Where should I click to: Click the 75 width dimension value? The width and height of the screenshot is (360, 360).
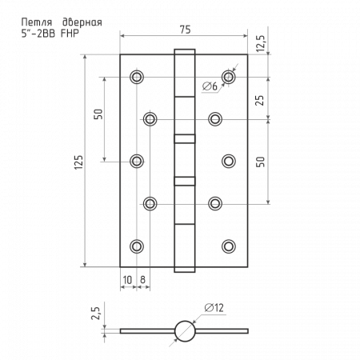pos(185,30)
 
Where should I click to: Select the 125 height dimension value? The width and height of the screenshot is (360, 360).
pos(79,162)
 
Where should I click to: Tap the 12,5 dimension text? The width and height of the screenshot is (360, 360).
pos(260,43)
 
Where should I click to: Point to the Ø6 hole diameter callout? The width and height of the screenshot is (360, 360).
pos(210,86)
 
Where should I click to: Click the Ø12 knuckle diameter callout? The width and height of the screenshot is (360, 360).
pos(214,308)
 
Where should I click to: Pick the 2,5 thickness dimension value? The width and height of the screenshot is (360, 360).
pos(95,314)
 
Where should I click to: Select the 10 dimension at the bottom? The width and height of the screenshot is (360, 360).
pos(127,280)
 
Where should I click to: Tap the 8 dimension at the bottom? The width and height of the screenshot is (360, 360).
pos(142,280)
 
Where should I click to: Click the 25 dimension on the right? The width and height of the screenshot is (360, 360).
pos(260,101)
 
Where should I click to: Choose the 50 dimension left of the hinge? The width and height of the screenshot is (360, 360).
pos(98,114)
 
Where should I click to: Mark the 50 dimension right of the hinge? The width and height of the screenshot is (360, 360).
pos(261,162)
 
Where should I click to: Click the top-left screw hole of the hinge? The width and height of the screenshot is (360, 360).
pos(137,77)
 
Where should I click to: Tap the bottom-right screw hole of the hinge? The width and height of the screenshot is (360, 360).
pos(229,246)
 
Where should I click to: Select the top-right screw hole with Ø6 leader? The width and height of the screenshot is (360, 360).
pos(229,77)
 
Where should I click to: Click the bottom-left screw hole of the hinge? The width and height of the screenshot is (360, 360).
pos(137,246)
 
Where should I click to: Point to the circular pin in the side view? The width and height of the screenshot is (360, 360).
pos(185,331)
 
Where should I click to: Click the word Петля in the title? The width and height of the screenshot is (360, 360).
pos(37,22)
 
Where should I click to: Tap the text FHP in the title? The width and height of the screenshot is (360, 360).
pos(70,34)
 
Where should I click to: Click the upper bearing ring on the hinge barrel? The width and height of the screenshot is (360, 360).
pos(185,139)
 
